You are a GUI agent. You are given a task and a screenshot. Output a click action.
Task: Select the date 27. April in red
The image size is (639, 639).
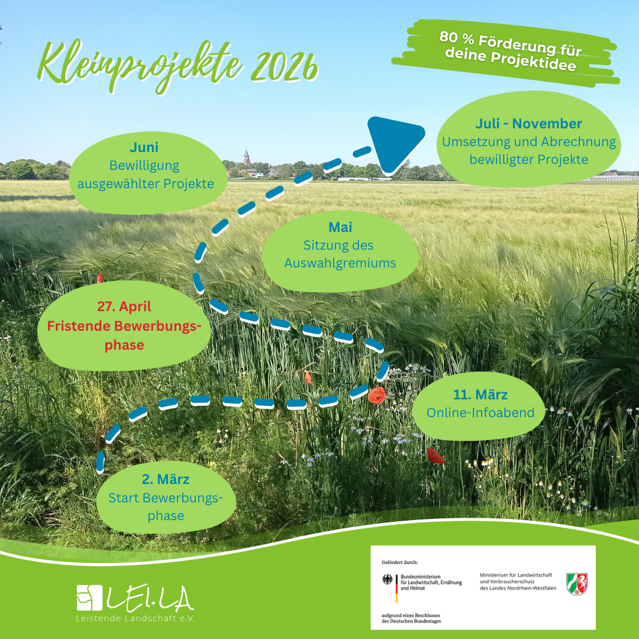click(x=124, y=306)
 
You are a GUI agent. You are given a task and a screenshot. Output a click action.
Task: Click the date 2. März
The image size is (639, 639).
click(x=166, y=479)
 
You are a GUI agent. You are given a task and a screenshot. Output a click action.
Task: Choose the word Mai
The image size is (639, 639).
click(x=340, y=227)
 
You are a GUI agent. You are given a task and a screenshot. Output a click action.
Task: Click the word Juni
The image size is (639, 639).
click(x=144, y=147)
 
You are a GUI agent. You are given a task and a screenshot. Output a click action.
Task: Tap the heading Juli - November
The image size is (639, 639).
click(x=528, y=124)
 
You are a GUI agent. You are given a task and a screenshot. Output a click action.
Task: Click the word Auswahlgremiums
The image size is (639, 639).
click(x=340, y=263)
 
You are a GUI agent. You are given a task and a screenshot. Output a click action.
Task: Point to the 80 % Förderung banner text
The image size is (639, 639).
click(x=509, y=51)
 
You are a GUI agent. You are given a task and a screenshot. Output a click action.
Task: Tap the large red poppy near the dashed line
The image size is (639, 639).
click(x=376, y=395)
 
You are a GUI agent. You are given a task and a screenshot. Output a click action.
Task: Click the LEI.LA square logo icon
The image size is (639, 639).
click(x=89, y=598)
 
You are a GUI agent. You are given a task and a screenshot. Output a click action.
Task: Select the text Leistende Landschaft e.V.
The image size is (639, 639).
click(x=135, y=618)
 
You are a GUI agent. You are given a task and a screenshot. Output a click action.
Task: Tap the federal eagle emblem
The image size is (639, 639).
click(x=388, y=580)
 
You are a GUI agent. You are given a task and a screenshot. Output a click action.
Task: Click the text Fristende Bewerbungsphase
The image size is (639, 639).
click(x=124, y=335)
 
